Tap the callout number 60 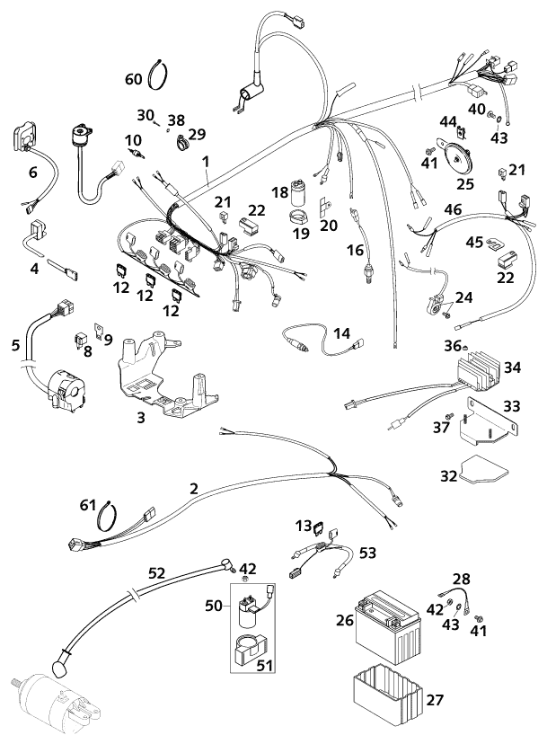(133, 80)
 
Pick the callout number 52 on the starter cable (157, 571)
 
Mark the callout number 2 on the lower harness (193, 490)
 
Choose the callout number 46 (453, 210)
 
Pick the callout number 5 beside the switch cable (15, 343)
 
